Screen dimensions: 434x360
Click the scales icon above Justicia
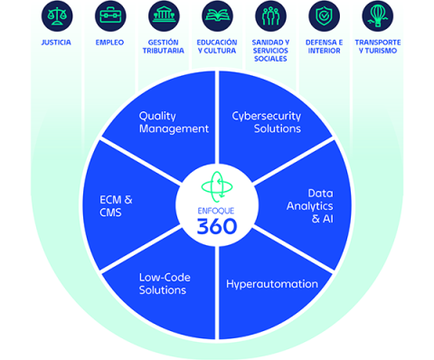pos(55,16)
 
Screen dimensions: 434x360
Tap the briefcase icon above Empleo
pos(109,16)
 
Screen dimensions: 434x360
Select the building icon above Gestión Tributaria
pos(164,16)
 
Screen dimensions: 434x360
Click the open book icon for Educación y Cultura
pos(217,16)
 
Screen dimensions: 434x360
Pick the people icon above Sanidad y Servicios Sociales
pos(270,16)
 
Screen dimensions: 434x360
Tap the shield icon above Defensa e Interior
pos(324,16)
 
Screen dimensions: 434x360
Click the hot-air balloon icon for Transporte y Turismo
pos(378,16)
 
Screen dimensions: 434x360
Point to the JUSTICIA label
pos(55,43)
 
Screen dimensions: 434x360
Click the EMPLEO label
pos(109,43)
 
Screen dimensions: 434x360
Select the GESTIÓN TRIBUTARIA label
pos(164,47)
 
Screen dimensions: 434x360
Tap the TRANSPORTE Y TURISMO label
pos(378,47)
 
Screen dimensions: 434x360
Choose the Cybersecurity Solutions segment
pos(266,122)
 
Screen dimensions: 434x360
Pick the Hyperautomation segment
pos(271,284)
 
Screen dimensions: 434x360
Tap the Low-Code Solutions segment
pos(163,284)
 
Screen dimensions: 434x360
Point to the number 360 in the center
pos(217,226)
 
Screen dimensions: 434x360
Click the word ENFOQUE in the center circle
pos(217,209)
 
